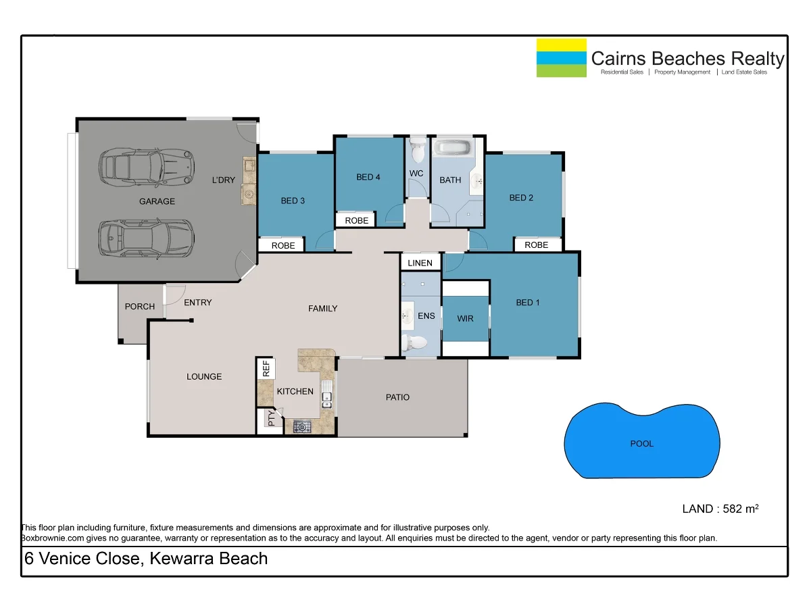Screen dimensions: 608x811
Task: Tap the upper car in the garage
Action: pos(147,167)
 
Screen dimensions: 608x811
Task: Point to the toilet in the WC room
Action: pos(417,150)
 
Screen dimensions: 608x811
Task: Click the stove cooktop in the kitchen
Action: pos(302,426)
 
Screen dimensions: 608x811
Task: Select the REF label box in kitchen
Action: pos(266,369)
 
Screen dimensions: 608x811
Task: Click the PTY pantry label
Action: pos(272,420)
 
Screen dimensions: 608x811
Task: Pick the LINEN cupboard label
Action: pos(420,263)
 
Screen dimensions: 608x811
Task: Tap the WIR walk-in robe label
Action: pos(465,318)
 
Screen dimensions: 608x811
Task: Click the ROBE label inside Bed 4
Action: pos(357,220)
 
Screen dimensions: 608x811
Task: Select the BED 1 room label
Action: pos(528,303)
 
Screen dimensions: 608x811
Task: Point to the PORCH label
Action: pos(140,307)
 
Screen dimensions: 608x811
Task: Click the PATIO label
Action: pos(397,397)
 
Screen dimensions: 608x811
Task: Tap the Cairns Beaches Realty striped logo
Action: pos(561,57)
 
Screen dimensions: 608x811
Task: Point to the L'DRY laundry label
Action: pos(223,180)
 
